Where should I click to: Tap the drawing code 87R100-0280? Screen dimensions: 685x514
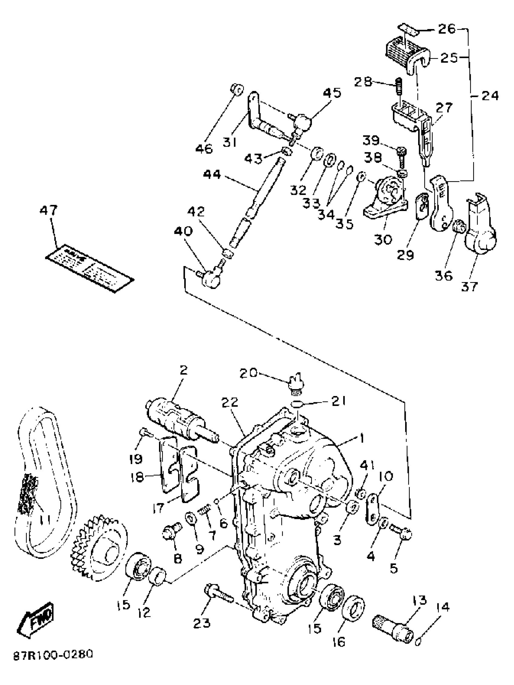(x=53, y=662)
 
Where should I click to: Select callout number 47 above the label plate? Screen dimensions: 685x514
(x=49, y=211)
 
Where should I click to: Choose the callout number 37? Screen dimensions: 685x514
(x=470, y=287)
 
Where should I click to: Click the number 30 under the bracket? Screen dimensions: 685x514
(x=383, y=239)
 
